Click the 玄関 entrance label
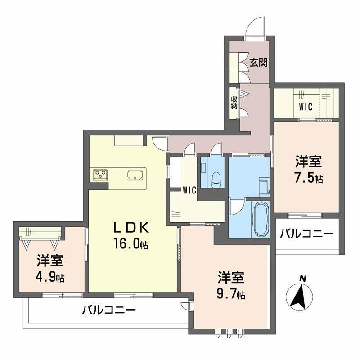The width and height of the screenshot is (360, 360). tap(258, 63)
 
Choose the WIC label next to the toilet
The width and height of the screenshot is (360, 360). tap(189, 190)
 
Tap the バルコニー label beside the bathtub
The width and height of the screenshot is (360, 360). tap(307, 234)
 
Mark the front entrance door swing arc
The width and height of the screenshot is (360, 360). tap(255, 25)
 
